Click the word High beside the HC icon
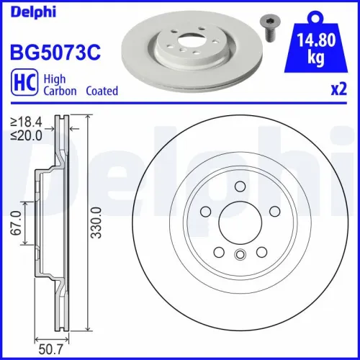point(57,78)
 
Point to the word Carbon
point(62,91)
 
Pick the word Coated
point(102,91)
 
